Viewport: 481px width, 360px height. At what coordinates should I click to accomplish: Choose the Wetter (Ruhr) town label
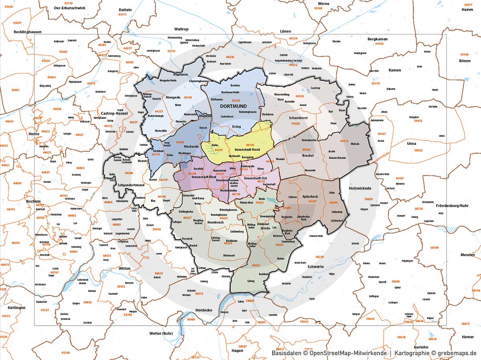tap(149, 333)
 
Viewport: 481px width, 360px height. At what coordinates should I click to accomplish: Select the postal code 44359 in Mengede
tap(188, 97)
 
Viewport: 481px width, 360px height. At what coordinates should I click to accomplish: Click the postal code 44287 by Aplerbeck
tap(312, 201)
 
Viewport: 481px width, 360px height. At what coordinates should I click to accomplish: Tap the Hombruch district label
tap(216, 222)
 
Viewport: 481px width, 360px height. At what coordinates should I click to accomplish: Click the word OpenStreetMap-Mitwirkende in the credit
tap(348, 353)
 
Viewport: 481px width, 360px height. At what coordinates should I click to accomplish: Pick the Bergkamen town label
tap(378, 39)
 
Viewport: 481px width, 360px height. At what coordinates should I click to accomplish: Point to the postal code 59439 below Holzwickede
tap(368, 199)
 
